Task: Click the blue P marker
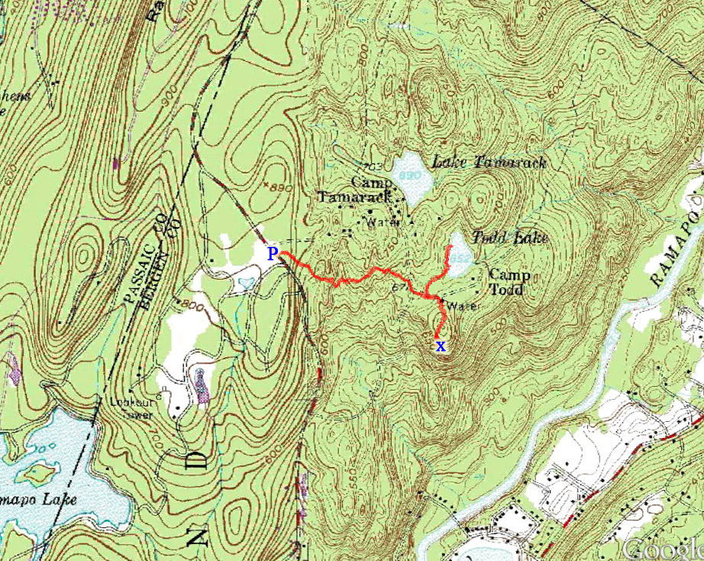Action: (272, 253)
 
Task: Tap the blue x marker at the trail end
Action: (441, 346)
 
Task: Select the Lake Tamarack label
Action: (489, 162)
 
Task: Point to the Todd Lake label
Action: (510, 238)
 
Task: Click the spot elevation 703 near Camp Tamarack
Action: (373, 167)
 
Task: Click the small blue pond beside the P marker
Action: (246, 283)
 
